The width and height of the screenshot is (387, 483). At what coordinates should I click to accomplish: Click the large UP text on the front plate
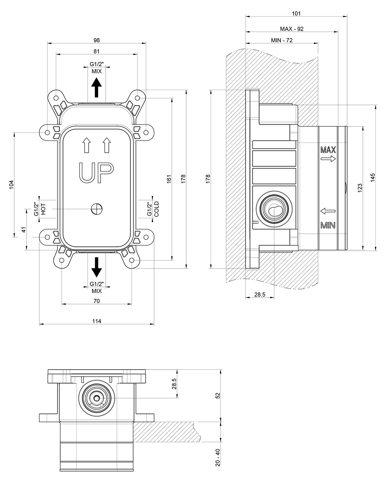coord(96,172)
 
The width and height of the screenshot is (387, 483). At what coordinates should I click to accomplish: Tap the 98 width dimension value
coord(96,40)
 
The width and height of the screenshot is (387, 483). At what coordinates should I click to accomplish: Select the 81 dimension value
coord(96,51)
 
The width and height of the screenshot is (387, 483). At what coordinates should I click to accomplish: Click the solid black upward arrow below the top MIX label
coord(96,88)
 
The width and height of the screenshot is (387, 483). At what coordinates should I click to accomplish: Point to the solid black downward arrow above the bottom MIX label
coord(96,267)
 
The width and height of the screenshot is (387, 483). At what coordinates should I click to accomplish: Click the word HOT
coord(44,209)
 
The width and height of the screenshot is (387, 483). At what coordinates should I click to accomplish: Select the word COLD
coord(157,209)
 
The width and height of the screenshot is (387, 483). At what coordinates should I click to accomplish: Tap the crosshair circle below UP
coord(97,209)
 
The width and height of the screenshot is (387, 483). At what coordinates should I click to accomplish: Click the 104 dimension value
coord(12,185)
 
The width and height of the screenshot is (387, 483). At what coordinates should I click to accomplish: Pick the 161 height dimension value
coord(169,179)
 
